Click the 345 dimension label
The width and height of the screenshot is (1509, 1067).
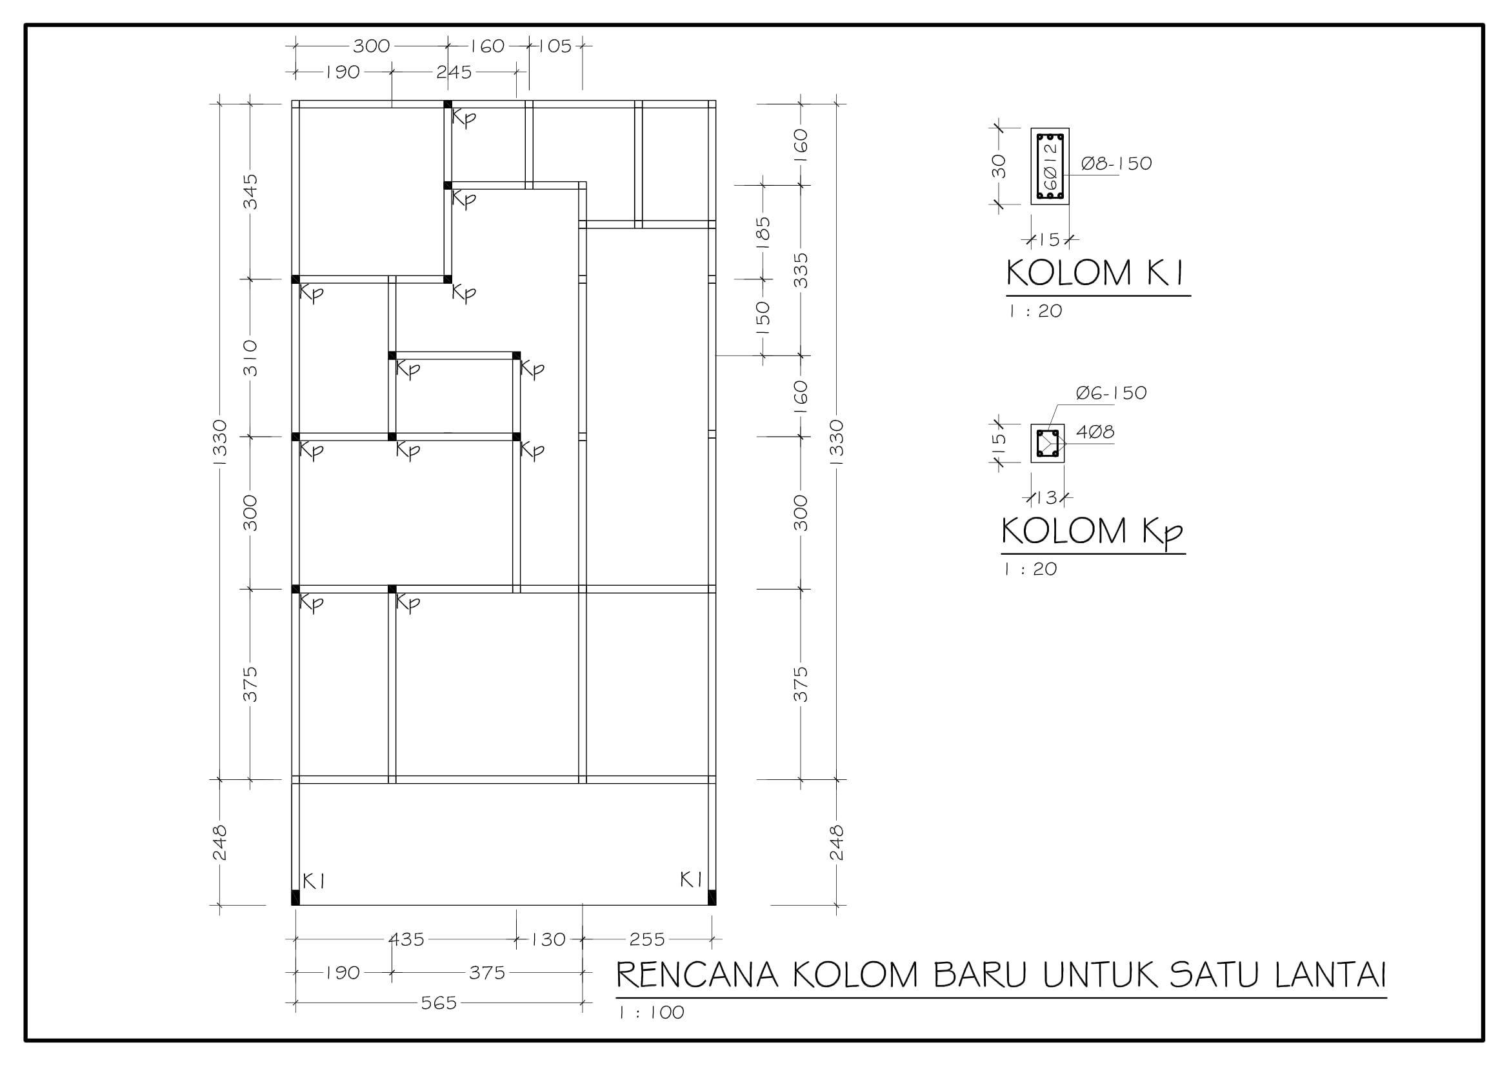coord(250,192)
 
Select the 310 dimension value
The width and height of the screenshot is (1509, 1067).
coord(250,358)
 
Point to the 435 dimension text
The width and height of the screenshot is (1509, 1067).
coord(407,939)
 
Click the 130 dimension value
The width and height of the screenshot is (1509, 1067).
coord(549,939)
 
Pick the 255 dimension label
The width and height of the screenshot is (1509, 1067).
coord(647,939)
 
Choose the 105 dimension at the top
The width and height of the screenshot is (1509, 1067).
coord(555,46)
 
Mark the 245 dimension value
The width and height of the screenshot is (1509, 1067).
coord(454,72)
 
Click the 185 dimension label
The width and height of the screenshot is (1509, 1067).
coord(763,233)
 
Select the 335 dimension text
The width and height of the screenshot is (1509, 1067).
coord(801,271)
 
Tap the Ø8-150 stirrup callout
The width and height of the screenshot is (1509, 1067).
coord(1117,163)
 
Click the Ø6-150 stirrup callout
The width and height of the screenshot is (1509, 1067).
coord(1112,393)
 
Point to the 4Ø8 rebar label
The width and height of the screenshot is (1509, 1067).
coord(1095,432)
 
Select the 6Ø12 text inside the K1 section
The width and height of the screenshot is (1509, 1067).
coord(1050,166)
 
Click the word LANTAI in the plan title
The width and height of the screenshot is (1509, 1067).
coord(1331,975)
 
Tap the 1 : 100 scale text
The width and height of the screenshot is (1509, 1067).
coord(652,1012)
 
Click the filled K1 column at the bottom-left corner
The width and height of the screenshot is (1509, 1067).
coord(295,897)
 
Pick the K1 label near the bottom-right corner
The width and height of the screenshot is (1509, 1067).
coord(691,880)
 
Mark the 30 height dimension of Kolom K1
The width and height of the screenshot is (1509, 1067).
coord(999,166)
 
